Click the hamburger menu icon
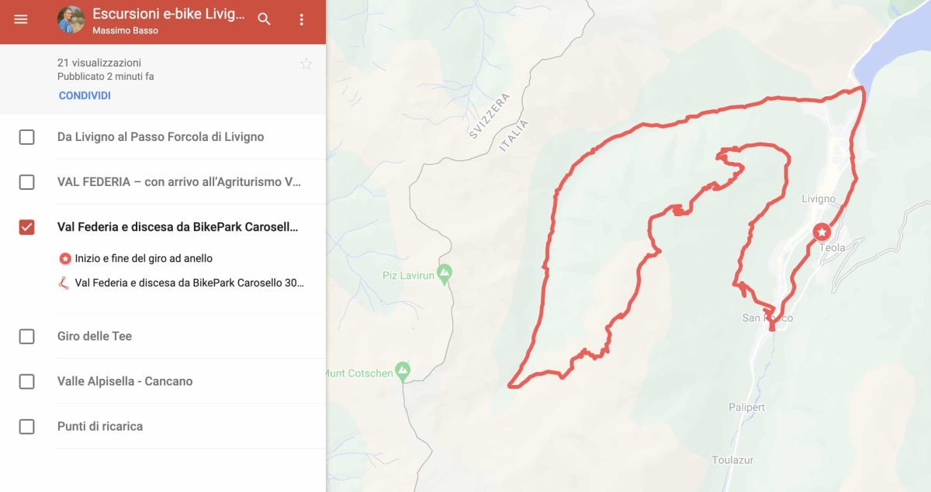pyautogui.click(x=21, y=19)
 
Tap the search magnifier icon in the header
pyautogui.click(x=265, y=19)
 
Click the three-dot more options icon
pyautogui.click(x=302, y=19)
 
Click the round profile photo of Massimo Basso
pyautogui.click(x=71, y=20)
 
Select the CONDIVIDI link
pyautogui.click(x=85, y=96)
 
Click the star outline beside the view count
pyautogui.click(x=306, y=64)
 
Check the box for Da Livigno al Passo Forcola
pyautogui.click(x=27, y=137)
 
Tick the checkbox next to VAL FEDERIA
pyautogui.click(x=27, y=182)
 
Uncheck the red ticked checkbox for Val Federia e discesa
pyautogui.click(x=27, y=227)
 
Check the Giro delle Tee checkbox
pyautogui.click(x=27, y=336)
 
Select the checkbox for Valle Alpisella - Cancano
pyautogui.click(x=27, y=381)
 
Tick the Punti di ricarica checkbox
pyautogui.click(x=27, y=426)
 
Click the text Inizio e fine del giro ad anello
pyautogui.click(x=144, y=258)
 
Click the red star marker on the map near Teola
pyautogui.click(x=822, y=232)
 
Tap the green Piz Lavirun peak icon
pyautogui.click(x=444, y=273)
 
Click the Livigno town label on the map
pyautogui.click(x=819, y=199)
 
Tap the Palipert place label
pyautogui.click(x=746, y=408)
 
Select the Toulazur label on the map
pyautogui.click(x=732, y=460)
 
